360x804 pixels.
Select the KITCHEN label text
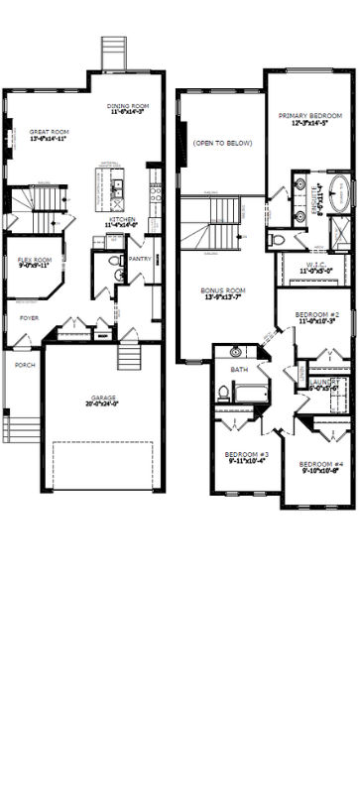tap(122, 220)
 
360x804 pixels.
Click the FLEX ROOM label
tap(34, 259)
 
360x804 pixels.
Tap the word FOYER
tap(31, 318)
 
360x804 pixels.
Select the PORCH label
tap(24, 364)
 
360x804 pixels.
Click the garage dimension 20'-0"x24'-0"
tap(100, 404)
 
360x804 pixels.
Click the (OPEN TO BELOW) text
tap(223, 144)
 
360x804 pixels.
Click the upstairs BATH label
tap(239, 370)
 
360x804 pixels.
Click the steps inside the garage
tap(128, 354)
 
